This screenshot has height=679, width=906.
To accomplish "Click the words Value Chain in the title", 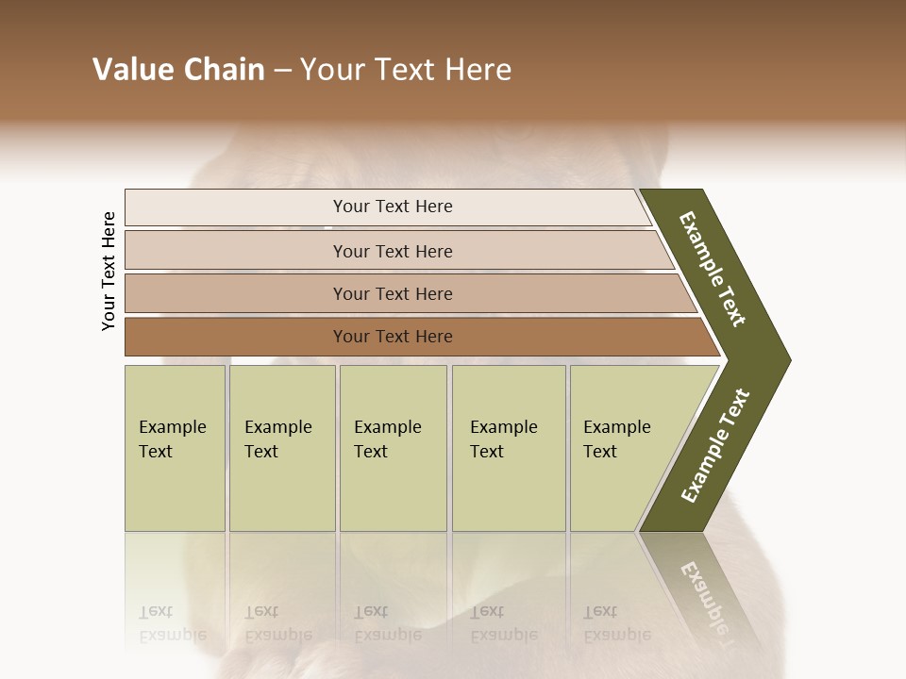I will coord(178,70).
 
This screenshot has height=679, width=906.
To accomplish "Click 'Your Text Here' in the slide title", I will coord(406,70).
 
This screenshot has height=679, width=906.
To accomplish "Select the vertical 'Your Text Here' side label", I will coord(109,272).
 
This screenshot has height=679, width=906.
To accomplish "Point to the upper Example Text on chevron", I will coord(713,269).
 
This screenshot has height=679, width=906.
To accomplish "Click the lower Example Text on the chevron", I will coord(715,445).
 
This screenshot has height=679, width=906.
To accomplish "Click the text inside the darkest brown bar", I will coord(393,337).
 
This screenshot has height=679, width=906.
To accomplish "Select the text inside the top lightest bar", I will coord(393,207).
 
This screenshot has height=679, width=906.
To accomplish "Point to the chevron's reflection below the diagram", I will coord(703,589).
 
